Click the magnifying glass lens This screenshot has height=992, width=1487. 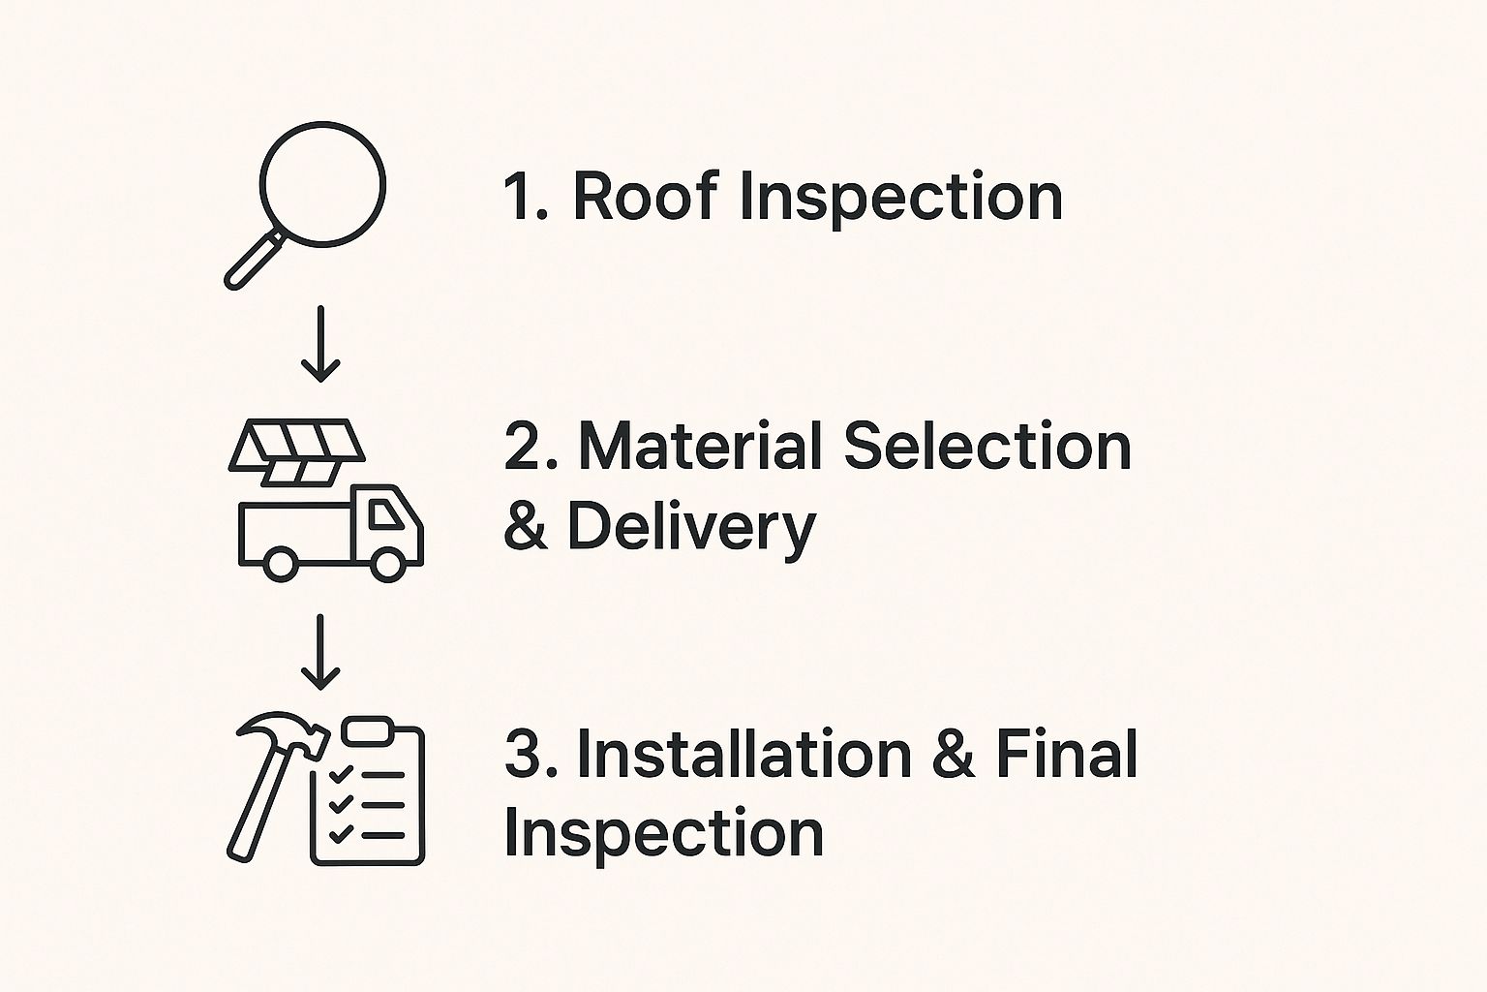(x=323, y=184)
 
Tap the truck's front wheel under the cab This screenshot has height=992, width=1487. (x=388, y=564)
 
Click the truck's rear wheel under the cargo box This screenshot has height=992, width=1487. (x=280, y=564)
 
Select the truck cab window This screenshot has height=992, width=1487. (x=388, y=516)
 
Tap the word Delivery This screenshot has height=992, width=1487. (x=691, y=529)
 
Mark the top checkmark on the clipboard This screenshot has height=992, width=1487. (x=341, y=774)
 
